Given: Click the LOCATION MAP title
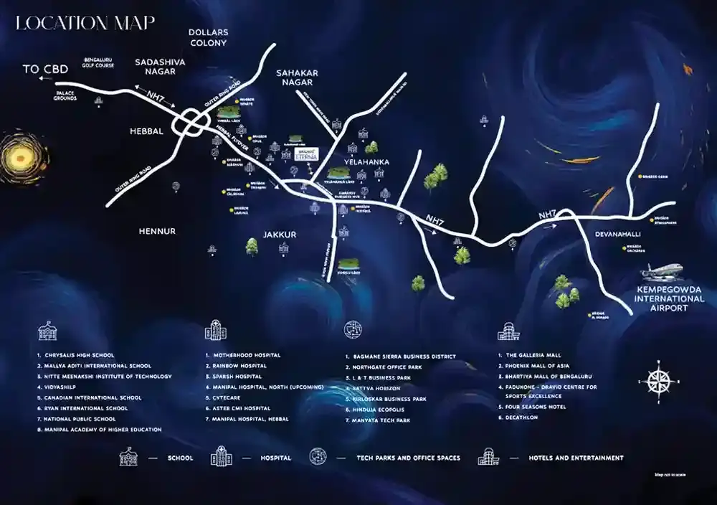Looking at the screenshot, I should (85, 22).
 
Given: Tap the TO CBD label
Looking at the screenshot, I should (45, 70).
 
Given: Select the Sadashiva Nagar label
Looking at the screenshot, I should (155, 67).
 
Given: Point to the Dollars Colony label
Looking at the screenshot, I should (207, 38).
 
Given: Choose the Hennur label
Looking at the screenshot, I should (157, 231).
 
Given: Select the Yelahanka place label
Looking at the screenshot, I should (366, 163).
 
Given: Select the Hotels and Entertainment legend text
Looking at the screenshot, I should (576, 458).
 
